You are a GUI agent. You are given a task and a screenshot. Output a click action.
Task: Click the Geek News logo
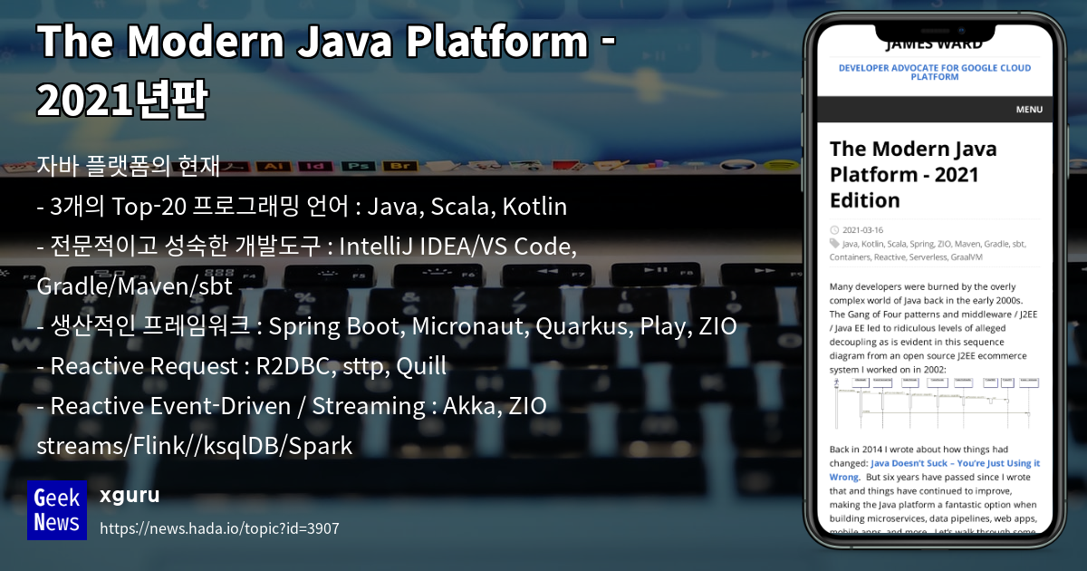57,509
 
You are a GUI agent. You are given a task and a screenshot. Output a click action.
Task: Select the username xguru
130,495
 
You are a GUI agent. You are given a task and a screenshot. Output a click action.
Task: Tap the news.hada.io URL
219,528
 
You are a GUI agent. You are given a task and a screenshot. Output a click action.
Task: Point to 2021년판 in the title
122,100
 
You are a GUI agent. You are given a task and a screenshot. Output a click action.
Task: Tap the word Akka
467,406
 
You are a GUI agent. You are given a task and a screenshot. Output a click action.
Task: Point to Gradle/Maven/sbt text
135,286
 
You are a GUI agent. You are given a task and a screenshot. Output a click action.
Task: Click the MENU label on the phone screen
1029,110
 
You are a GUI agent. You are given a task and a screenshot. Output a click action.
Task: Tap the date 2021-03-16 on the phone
862,230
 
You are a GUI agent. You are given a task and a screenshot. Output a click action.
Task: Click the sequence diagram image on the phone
934,402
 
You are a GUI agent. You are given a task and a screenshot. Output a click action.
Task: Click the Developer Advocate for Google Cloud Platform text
934,72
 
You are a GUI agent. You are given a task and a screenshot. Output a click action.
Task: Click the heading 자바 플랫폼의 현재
129,167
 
